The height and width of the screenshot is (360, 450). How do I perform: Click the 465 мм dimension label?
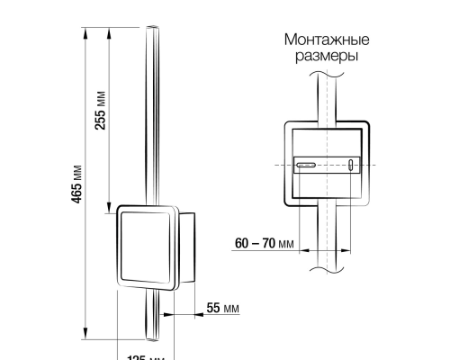[77, 184]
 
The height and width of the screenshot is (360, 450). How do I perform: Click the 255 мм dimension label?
[100, 110]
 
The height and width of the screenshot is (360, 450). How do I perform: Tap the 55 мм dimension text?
[223, 308]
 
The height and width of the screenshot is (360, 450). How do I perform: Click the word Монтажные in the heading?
[327, 40]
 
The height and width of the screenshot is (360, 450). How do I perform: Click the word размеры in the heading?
[327, 56]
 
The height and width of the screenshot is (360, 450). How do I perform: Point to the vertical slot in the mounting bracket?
[351, 165]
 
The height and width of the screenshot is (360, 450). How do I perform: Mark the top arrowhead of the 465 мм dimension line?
[86, 31]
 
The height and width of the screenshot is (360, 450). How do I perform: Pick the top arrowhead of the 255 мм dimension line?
[110, 31]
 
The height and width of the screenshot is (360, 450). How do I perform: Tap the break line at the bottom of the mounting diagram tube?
[327, 268]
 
